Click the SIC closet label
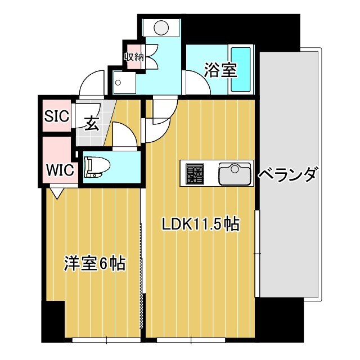pos(56,117)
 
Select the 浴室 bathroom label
pos(216,71)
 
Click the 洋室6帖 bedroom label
pos(94,263)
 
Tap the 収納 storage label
pos(134,57)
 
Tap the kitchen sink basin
pos(234,173)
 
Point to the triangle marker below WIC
pos(57,192)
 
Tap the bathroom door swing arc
pos(196,84)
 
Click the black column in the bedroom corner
pos(53,321)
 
